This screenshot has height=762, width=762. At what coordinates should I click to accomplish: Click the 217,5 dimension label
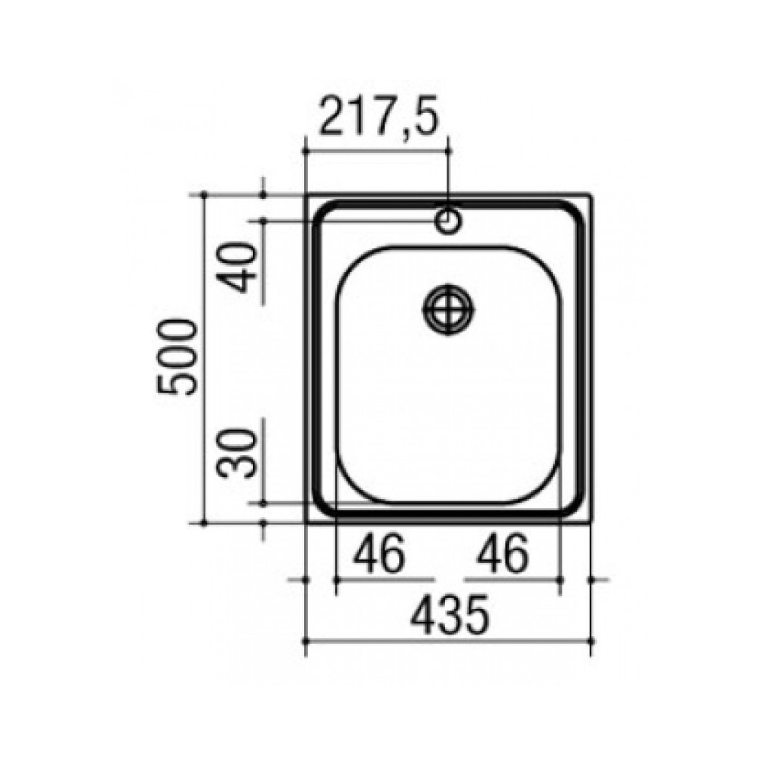click(378, 117)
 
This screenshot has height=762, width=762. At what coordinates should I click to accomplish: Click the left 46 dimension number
click(379, 555)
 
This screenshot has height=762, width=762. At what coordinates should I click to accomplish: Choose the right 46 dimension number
click(502, 555)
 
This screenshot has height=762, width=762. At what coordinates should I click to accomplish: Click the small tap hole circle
click(448, 221)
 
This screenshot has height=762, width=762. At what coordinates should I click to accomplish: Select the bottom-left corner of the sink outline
click(306, 523)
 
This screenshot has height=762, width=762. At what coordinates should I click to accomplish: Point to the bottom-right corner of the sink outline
click(591, 523)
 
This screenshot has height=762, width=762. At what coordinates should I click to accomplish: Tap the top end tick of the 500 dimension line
click(204, 194)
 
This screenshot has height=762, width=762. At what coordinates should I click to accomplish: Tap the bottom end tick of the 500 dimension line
click(204, 523)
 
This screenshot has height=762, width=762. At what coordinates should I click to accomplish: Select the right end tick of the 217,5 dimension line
click(448, 149)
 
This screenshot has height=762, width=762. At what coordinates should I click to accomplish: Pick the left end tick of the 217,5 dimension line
click(306, 149)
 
